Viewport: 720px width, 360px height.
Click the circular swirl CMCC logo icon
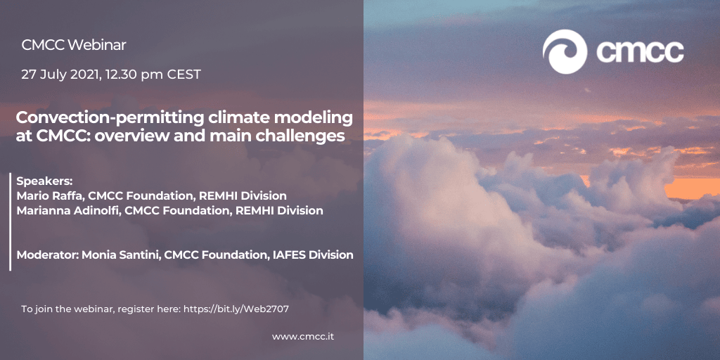click(565, 52)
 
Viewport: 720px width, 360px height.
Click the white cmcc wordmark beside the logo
click(640, 51)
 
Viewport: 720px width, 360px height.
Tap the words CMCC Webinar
click(73, 45)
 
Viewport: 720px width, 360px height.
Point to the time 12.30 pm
click(134, 75)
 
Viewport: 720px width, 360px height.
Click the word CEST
click(184, 75)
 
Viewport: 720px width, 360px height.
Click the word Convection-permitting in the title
click(110, 118)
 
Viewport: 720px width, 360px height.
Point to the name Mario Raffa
click(50, 196)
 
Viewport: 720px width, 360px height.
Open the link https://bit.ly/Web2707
click(236, 309)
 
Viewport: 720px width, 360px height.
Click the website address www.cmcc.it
click(303, 337)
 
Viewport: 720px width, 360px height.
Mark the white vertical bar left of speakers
click(10, 221)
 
